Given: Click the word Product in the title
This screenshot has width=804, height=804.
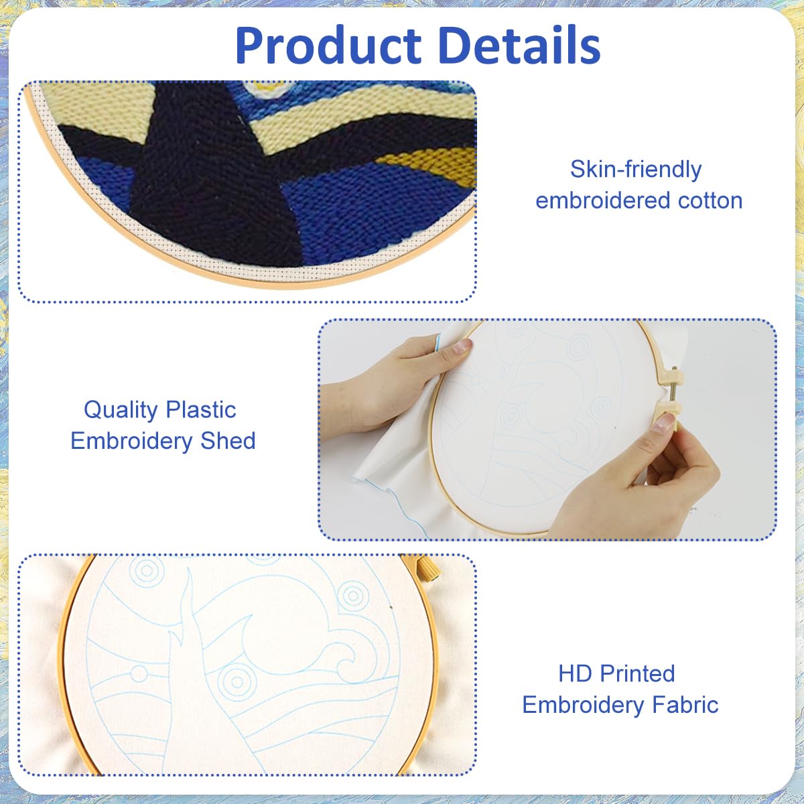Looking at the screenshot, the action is click(328, 46).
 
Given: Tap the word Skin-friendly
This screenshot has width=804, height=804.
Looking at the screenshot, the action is click(636, 170).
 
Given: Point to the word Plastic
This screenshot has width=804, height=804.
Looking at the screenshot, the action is click(201, 410).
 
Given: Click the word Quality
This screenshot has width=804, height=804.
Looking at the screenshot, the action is click(121, 411).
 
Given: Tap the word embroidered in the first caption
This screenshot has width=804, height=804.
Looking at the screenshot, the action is click(603, 201).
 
